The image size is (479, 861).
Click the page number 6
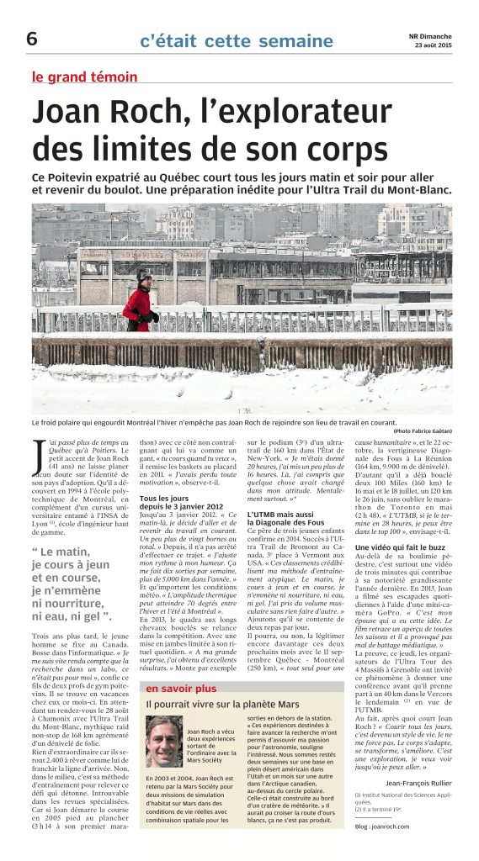coord(31,38)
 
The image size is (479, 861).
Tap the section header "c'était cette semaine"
coord(224,40)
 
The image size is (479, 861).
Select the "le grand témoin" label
coord(84,77)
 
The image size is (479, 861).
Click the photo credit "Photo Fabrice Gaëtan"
coord(420,430)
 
